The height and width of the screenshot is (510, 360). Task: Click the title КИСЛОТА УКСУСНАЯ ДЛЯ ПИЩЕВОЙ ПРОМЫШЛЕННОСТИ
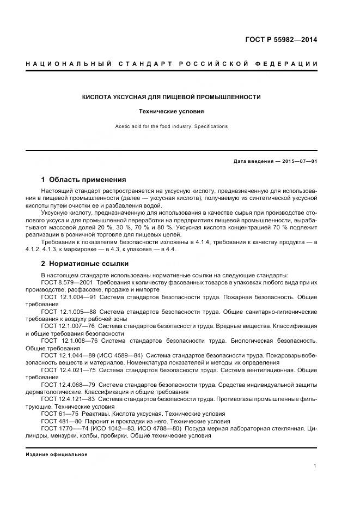(171, 97)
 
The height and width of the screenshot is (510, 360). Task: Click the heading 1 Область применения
(84, 179)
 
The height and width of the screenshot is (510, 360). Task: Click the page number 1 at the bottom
(315, 466)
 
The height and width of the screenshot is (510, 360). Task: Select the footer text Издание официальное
(57, 454)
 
